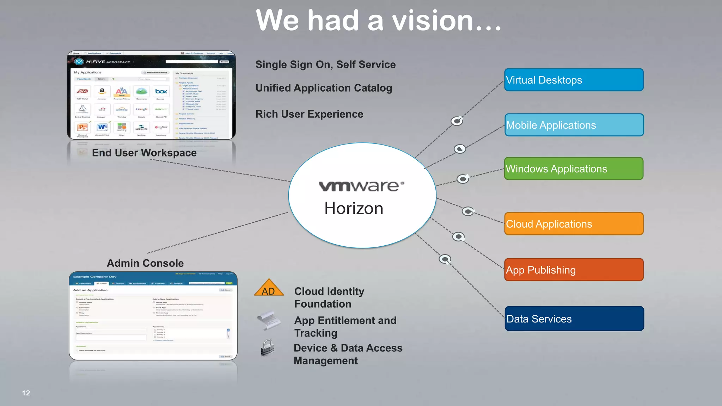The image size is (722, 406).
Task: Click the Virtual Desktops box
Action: click(574, 80)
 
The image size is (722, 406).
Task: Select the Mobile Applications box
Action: click(574, 125)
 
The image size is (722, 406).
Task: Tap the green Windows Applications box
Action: click(574, 169)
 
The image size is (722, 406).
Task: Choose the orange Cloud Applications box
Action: click(574, 224)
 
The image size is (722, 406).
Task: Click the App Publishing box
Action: click(574, 270)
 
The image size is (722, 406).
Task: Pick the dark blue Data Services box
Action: click(574, 319)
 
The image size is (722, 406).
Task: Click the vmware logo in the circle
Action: click(361, 186)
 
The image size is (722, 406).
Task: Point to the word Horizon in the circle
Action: click(354, 208)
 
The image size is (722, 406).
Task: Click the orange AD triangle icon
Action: click(269, 288)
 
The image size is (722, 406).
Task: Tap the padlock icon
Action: click(268, 348)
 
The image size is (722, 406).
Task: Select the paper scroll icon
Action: click(269, 320)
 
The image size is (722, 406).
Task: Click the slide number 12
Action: click(26, 393)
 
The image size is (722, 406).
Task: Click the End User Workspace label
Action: click(144, 153)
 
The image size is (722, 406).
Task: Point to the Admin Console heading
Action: click(145, 263)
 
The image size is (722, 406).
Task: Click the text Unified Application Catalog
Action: click(324, 88)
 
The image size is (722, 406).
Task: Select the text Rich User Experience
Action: click(309, 114)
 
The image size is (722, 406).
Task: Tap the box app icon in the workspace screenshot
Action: click(161, 92)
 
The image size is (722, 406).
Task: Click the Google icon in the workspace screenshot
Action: click(141, 109)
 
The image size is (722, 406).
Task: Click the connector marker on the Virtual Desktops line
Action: click(457, 121)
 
